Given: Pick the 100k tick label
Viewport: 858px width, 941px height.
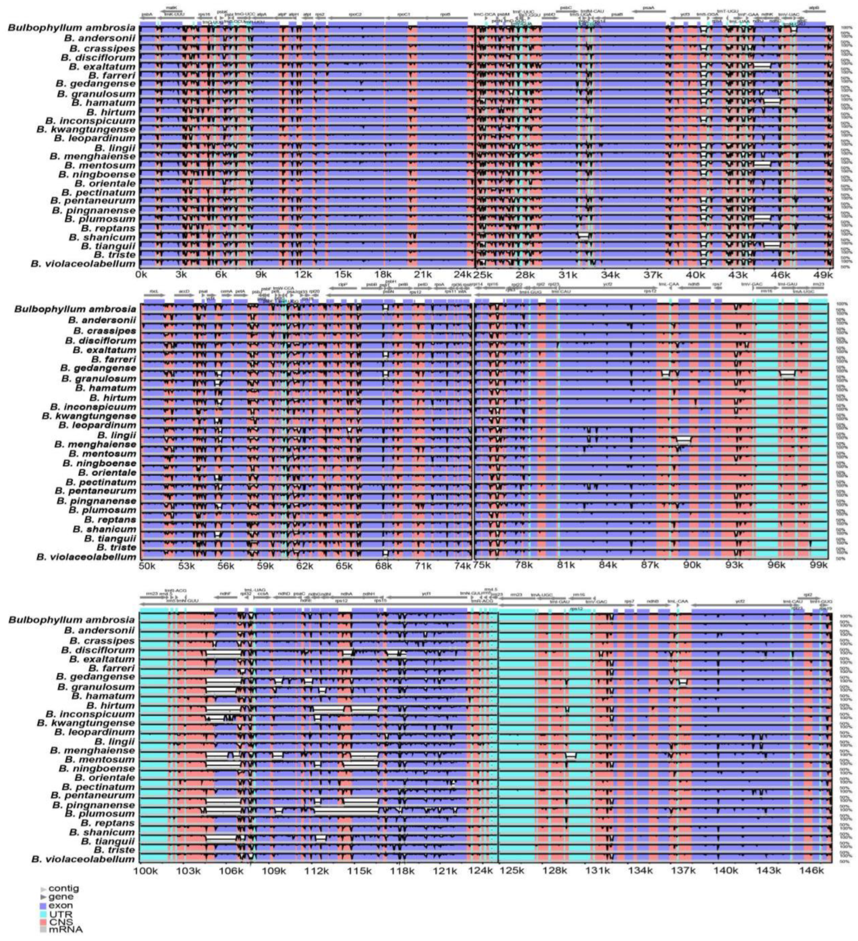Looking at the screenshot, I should point(149,871).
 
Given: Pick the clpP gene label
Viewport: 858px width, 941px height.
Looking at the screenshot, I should point(343,284).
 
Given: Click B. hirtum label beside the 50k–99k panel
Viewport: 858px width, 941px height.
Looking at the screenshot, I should point(112,398).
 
